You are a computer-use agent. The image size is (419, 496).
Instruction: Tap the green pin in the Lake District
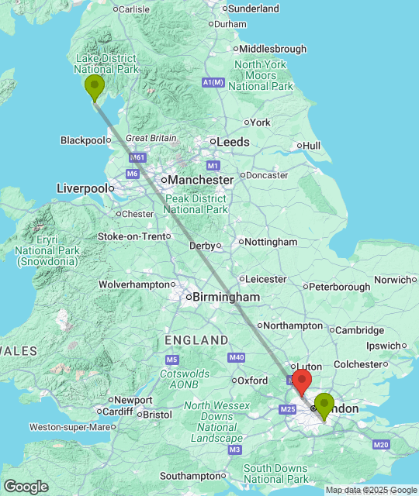coord(95,88)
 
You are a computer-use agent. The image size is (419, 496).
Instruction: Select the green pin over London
coord(324,405)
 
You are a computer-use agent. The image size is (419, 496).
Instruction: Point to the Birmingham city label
coord(226,297)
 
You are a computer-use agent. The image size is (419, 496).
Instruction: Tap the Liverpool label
coord(81,188)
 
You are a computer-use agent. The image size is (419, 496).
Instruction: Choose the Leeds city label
coord(233,143)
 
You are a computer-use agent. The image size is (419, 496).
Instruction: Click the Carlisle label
coord(134,9)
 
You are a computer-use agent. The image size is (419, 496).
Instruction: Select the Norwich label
coord(391,280)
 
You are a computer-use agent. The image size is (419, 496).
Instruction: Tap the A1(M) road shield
coord(213,82)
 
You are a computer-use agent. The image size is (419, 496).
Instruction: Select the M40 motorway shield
coord(237,356)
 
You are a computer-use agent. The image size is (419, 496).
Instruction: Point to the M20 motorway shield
coord(381,445)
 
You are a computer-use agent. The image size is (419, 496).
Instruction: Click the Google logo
coord(26,487)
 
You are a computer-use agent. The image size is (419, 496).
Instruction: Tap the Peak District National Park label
coord(196,204)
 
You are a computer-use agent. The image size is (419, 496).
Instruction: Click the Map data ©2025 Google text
coord(370,490)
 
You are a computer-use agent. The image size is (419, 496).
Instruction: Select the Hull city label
coord(311,146)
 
